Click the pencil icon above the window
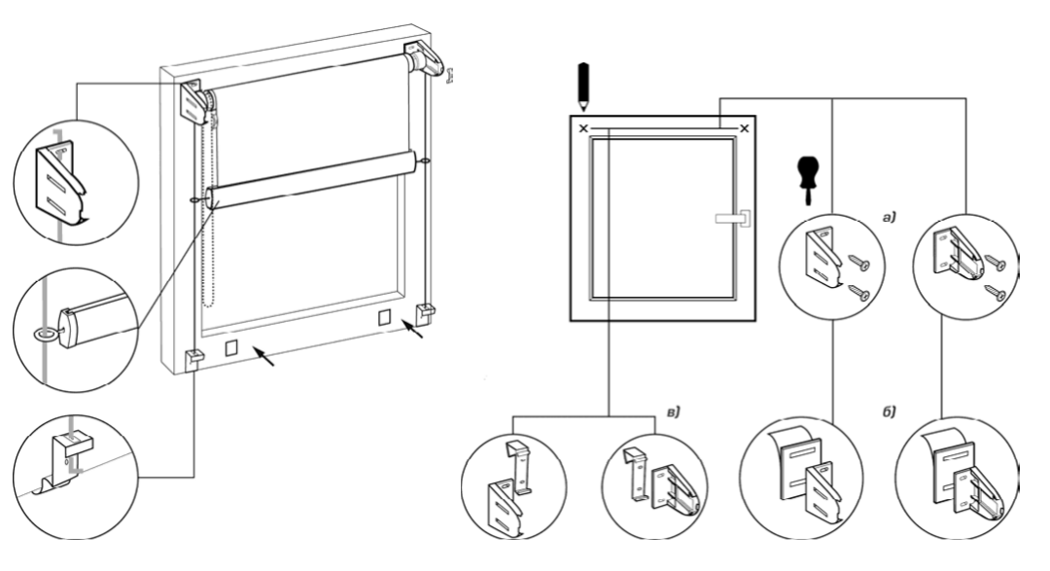click(x=582, y=84)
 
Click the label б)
click(x=888, y=414)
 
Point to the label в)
click(x=670, y=414)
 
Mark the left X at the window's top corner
click(x=583, y=128)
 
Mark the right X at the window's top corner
click(x=745, y=128)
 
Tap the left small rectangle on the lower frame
click(x=231, y=346)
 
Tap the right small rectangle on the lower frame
click(x=384, y=318)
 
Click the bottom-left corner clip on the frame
click(x=193, y=358)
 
